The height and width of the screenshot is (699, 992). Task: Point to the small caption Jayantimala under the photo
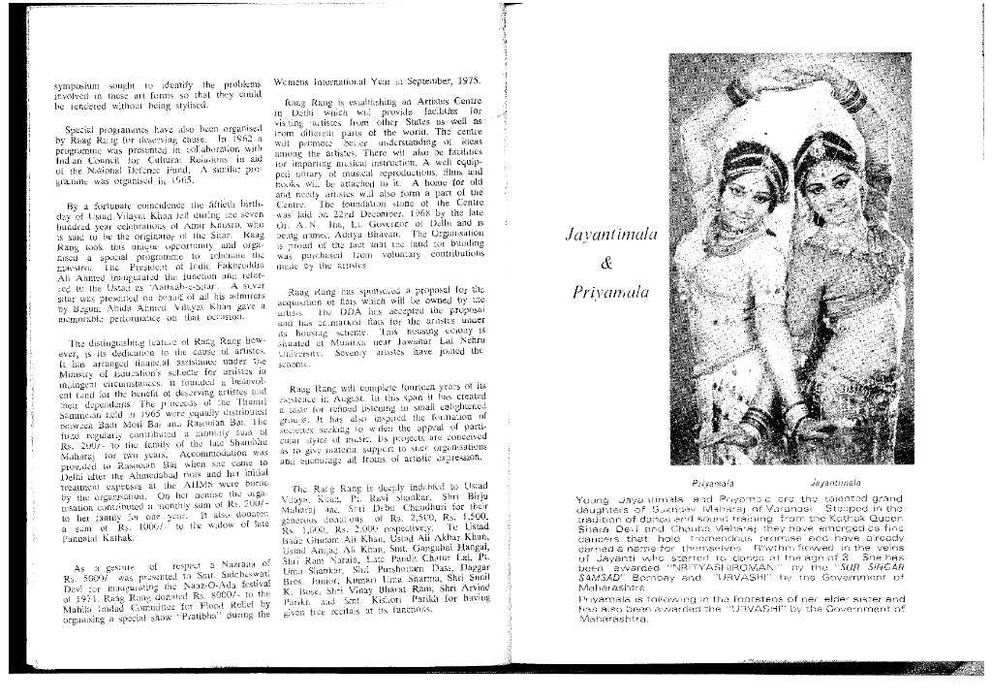click(x=829, y=481)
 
